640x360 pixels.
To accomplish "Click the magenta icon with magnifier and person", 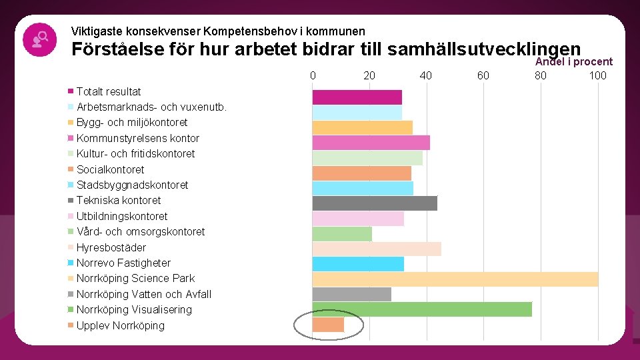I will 39,39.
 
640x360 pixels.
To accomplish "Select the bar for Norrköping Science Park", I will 455,279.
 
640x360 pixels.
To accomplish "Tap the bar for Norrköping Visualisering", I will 422,309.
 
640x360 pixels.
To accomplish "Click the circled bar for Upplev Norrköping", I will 328,325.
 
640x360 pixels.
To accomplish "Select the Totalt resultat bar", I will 357,97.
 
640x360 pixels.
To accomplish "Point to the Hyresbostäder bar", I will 377,248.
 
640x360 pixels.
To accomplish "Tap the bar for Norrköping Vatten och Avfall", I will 352,294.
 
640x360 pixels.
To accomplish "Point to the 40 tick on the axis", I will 426,75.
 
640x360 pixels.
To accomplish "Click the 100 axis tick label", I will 597,75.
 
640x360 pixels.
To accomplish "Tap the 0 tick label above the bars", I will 313,75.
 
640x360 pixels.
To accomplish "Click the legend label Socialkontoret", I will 110,169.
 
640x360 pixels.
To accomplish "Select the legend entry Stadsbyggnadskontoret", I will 132,185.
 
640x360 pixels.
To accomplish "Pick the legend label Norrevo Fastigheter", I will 123,263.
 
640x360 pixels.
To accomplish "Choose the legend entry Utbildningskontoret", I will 122,216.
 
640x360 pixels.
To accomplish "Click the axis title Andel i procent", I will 574,62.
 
